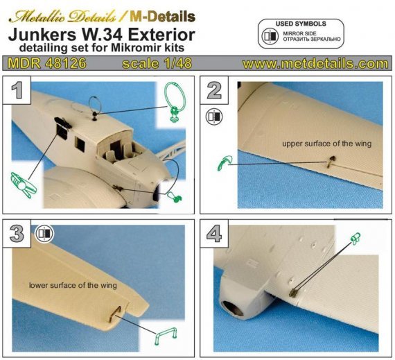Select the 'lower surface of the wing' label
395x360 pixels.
pyautogui.click(x=72, y=285)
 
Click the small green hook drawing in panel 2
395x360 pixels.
pyautogui.click(x=222, y=162)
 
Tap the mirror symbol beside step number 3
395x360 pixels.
pyautogui.click(x=46, y=232)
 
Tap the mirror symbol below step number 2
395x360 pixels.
pyautogui.click(x=214, y=116)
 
